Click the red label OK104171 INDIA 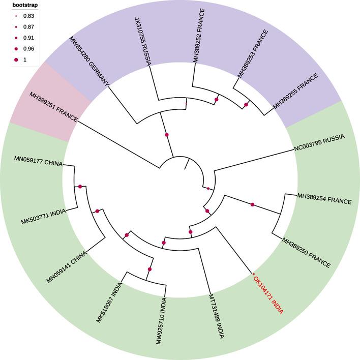pyautogui.click(x=268, y=294)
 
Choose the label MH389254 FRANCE pyautogui.click(x=324, y=201)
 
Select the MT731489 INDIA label pyautogui.click(x=217, y=318)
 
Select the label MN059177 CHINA pyautogui.click(x=39, y=163)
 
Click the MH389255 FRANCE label pyautogui.click(x=296, y=92)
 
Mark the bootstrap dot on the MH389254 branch pyautogui.click(x=252, y=204)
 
